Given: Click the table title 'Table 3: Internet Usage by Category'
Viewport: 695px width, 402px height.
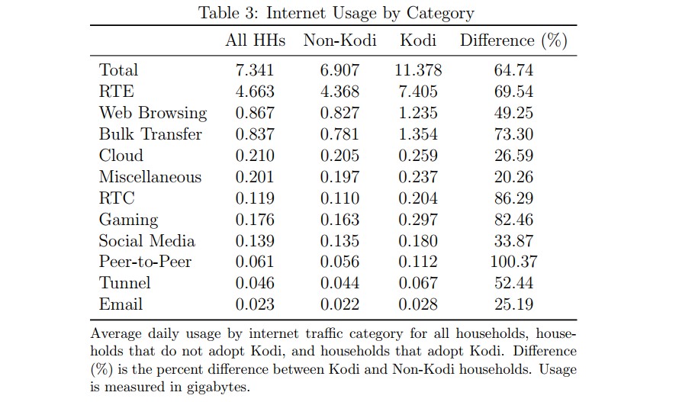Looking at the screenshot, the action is coord(336,13).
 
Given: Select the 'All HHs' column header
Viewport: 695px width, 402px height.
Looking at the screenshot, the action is coord(255,40).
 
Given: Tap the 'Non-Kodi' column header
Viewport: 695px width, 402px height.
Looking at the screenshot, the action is coord(339,40).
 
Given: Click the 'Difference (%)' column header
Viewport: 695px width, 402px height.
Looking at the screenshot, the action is coord(513,40).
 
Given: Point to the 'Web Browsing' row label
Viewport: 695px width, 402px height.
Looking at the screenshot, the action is coord(153,113).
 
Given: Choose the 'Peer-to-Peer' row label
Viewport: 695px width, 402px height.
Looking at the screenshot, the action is coord(145,262).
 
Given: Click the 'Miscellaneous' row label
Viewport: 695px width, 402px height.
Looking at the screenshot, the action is coord(150,177).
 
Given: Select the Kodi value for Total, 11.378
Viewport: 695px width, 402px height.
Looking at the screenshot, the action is coord(418,70).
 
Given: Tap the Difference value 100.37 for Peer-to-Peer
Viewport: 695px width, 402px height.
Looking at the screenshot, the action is coord(513,262).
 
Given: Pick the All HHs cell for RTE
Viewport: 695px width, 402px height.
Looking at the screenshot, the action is coord(255,92).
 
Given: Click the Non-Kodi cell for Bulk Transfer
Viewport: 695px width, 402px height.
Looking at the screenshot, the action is coord(339,134).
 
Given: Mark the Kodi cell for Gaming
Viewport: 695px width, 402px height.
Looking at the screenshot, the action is coord(418,220).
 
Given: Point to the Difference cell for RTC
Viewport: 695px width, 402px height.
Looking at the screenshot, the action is coord(513,198).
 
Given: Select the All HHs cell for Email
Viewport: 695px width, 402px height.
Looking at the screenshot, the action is coord(255,304).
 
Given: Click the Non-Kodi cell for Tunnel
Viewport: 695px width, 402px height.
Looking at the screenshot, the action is coord(339,283).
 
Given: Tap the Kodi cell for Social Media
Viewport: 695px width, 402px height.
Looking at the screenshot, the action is coord(418,241).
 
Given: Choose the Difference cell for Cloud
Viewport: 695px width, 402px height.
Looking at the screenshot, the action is coord(513,156).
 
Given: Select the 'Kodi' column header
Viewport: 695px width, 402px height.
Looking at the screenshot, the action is coord(418,40).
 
